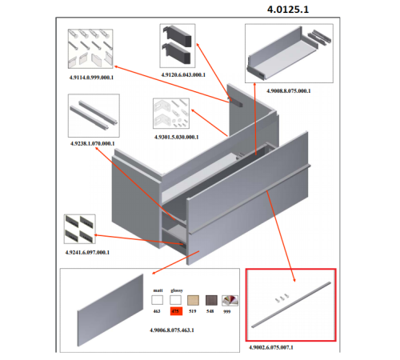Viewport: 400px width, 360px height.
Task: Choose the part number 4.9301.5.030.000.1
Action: tap(177, 137)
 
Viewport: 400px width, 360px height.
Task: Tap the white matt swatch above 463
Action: tap(157, 301)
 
